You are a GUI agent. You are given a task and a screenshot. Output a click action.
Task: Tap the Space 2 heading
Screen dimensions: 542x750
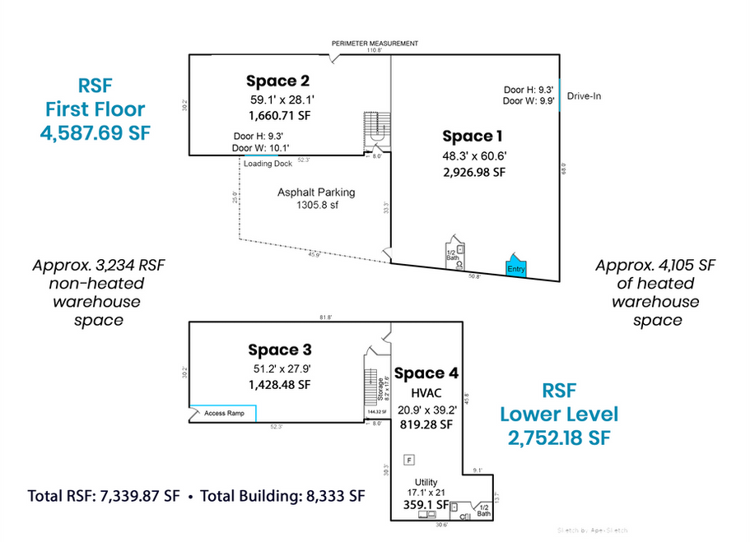[277, 81]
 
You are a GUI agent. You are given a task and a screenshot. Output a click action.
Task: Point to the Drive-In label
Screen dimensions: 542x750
[585, 96]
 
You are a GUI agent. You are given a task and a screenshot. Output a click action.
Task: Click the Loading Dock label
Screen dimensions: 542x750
[268, 164]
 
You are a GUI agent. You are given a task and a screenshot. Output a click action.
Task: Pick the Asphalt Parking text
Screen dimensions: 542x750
[316, 192]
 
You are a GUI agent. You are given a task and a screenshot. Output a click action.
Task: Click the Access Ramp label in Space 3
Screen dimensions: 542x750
[226, 414]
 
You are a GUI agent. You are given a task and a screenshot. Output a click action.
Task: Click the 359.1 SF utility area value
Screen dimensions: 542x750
[425, 504]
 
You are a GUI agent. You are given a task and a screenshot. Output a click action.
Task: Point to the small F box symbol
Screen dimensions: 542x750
[408, 459]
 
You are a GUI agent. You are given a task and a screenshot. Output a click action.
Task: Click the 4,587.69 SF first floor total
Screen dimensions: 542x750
[95, 132]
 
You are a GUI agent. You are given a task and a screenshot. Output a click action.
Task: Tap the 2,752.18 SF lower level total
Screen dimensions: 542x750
[559, 438]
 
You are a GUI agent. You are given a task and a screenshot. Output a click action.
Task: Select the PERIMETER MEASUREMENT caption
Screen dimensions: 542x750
[375, 44]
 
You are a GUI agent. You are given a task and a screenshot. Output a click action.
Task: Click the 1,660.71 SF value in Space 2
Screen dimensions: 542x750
[279, 116]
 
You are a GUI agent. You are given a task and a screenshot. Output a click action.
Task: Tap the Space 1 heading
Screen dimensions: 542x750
[472, 136]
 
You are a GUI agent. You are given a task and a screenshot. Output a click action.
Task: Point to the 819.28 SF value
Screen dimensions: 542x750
[425, 424]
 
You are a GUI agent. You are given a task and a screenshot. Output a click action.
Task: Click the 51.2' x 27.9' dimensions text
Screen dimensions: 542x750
[282, 368]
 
